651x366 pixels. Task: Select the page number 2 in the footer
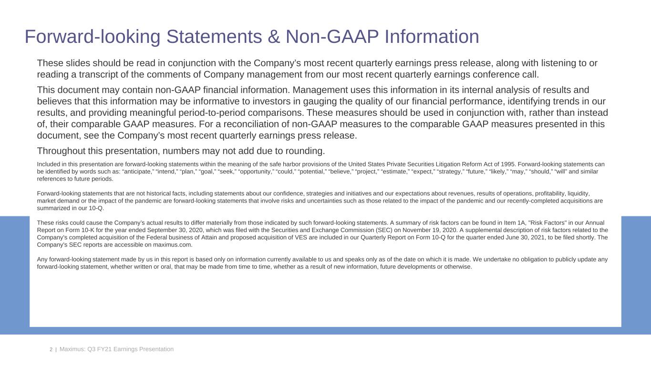[51, 350]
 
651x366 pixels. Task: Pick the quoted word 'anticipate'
[144, 172]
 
